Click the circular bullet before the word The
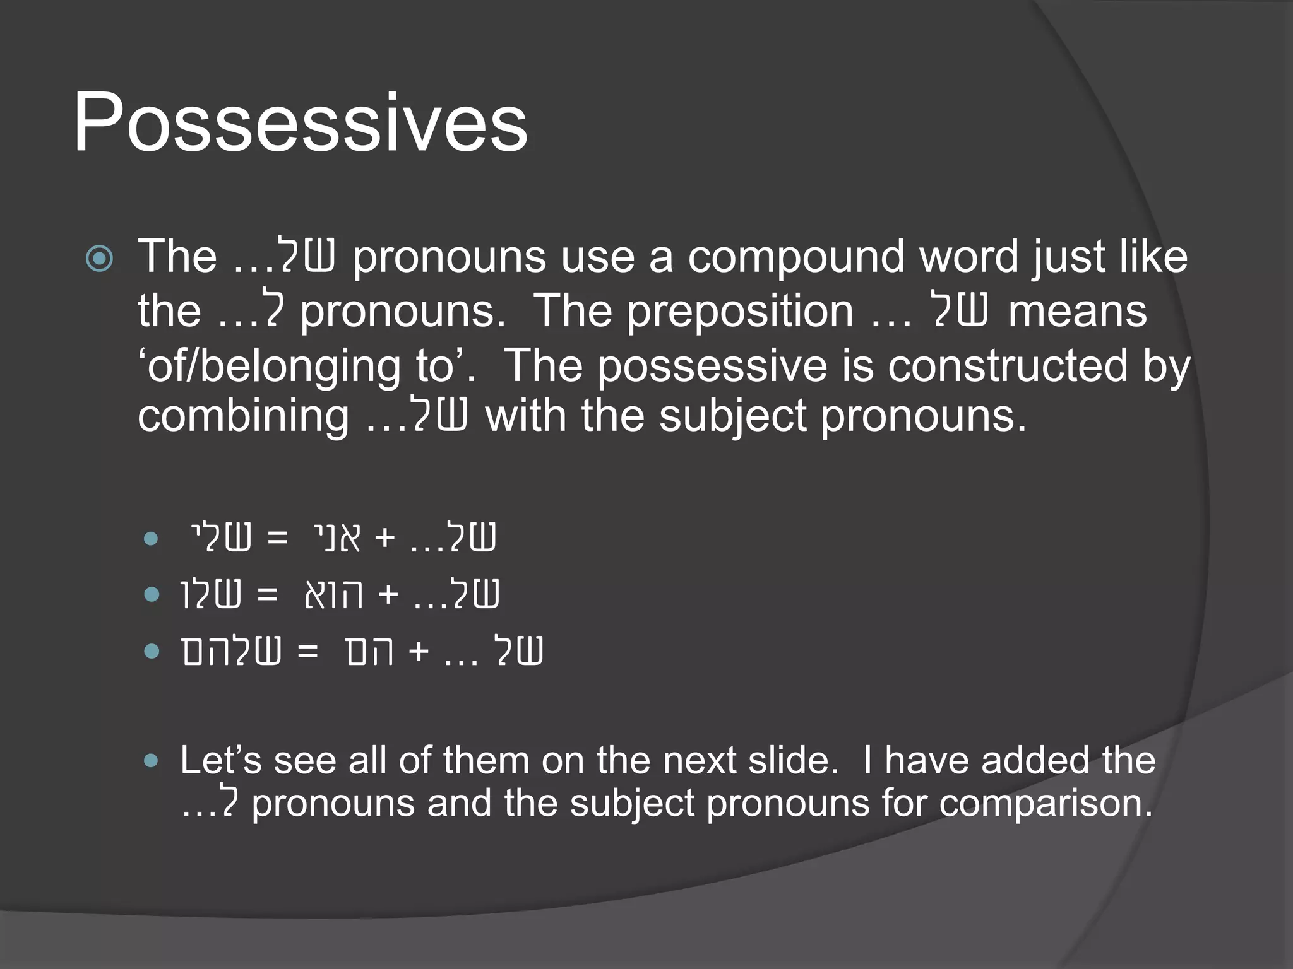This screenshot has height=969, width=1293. pos(100,258)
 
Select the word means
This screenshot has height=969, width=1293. pos(1077,311)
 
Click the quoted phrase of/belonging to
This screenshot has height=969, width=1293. pos(306,366)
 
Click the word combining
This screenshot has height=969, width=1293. pos(243,416)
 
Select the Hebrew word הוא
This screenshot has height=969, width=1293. pos(333,594)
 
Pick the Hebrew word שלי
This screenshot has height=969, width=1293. pos(220,538)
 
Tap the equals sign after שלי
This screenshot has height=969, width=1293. pos(278,538)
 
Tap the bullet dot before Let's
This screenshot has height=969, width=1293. pos(151,761)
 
